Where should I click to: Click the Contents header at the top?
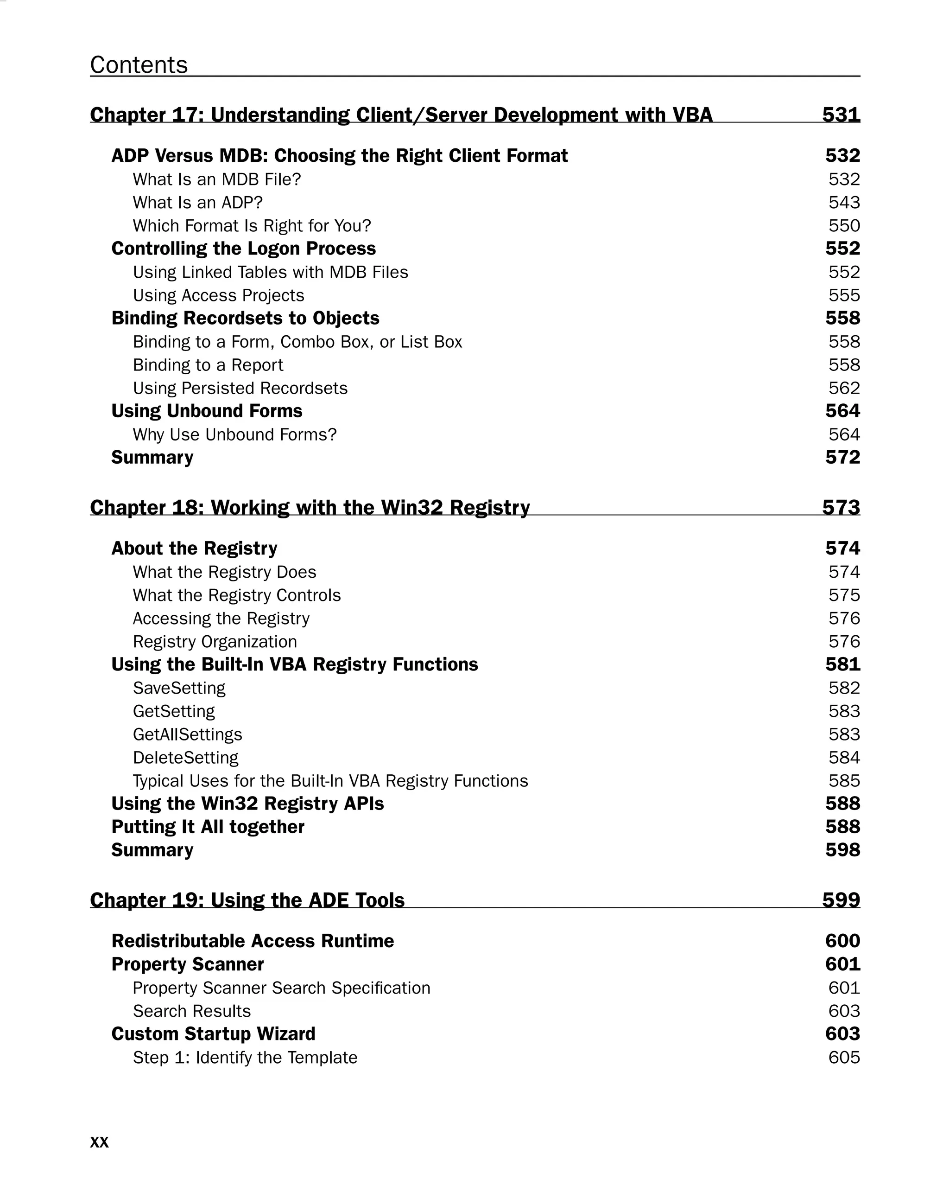click(139, 65)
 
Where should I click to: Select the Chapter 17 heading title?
click(401, 115)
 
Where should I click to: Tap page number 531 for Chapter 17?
click(841, 115)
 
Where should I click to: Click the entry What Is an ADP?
click(197, 203)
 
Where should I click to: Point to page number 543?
click(844, 203)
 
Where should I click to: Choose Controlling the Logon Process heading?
click(243, 249)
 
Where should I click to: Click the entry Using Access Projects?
click(218, 295)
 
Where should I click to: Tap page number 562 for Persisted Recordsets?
click(844, 389)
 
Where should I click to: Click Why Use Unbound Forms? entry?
click(234, 435)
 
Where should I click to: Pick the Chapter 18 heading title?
click(310, 507)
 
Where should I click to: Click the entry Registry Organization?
click(215, 642)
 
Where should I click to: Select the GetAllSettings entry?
click(188, 735)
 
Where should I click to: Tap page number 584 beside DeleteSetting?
click(844, 758)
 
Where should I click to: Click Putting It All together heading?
click(208, 827)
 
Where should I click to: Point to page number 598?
click(843, 850)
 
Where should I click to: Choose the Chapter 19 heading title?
click(247, 900)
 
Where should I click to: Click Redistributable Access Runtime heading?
click(253, 941)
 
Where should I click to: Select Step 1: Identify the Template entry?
click(245, 1058)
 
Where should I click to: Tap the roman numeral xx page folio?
click(100, 1142)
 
